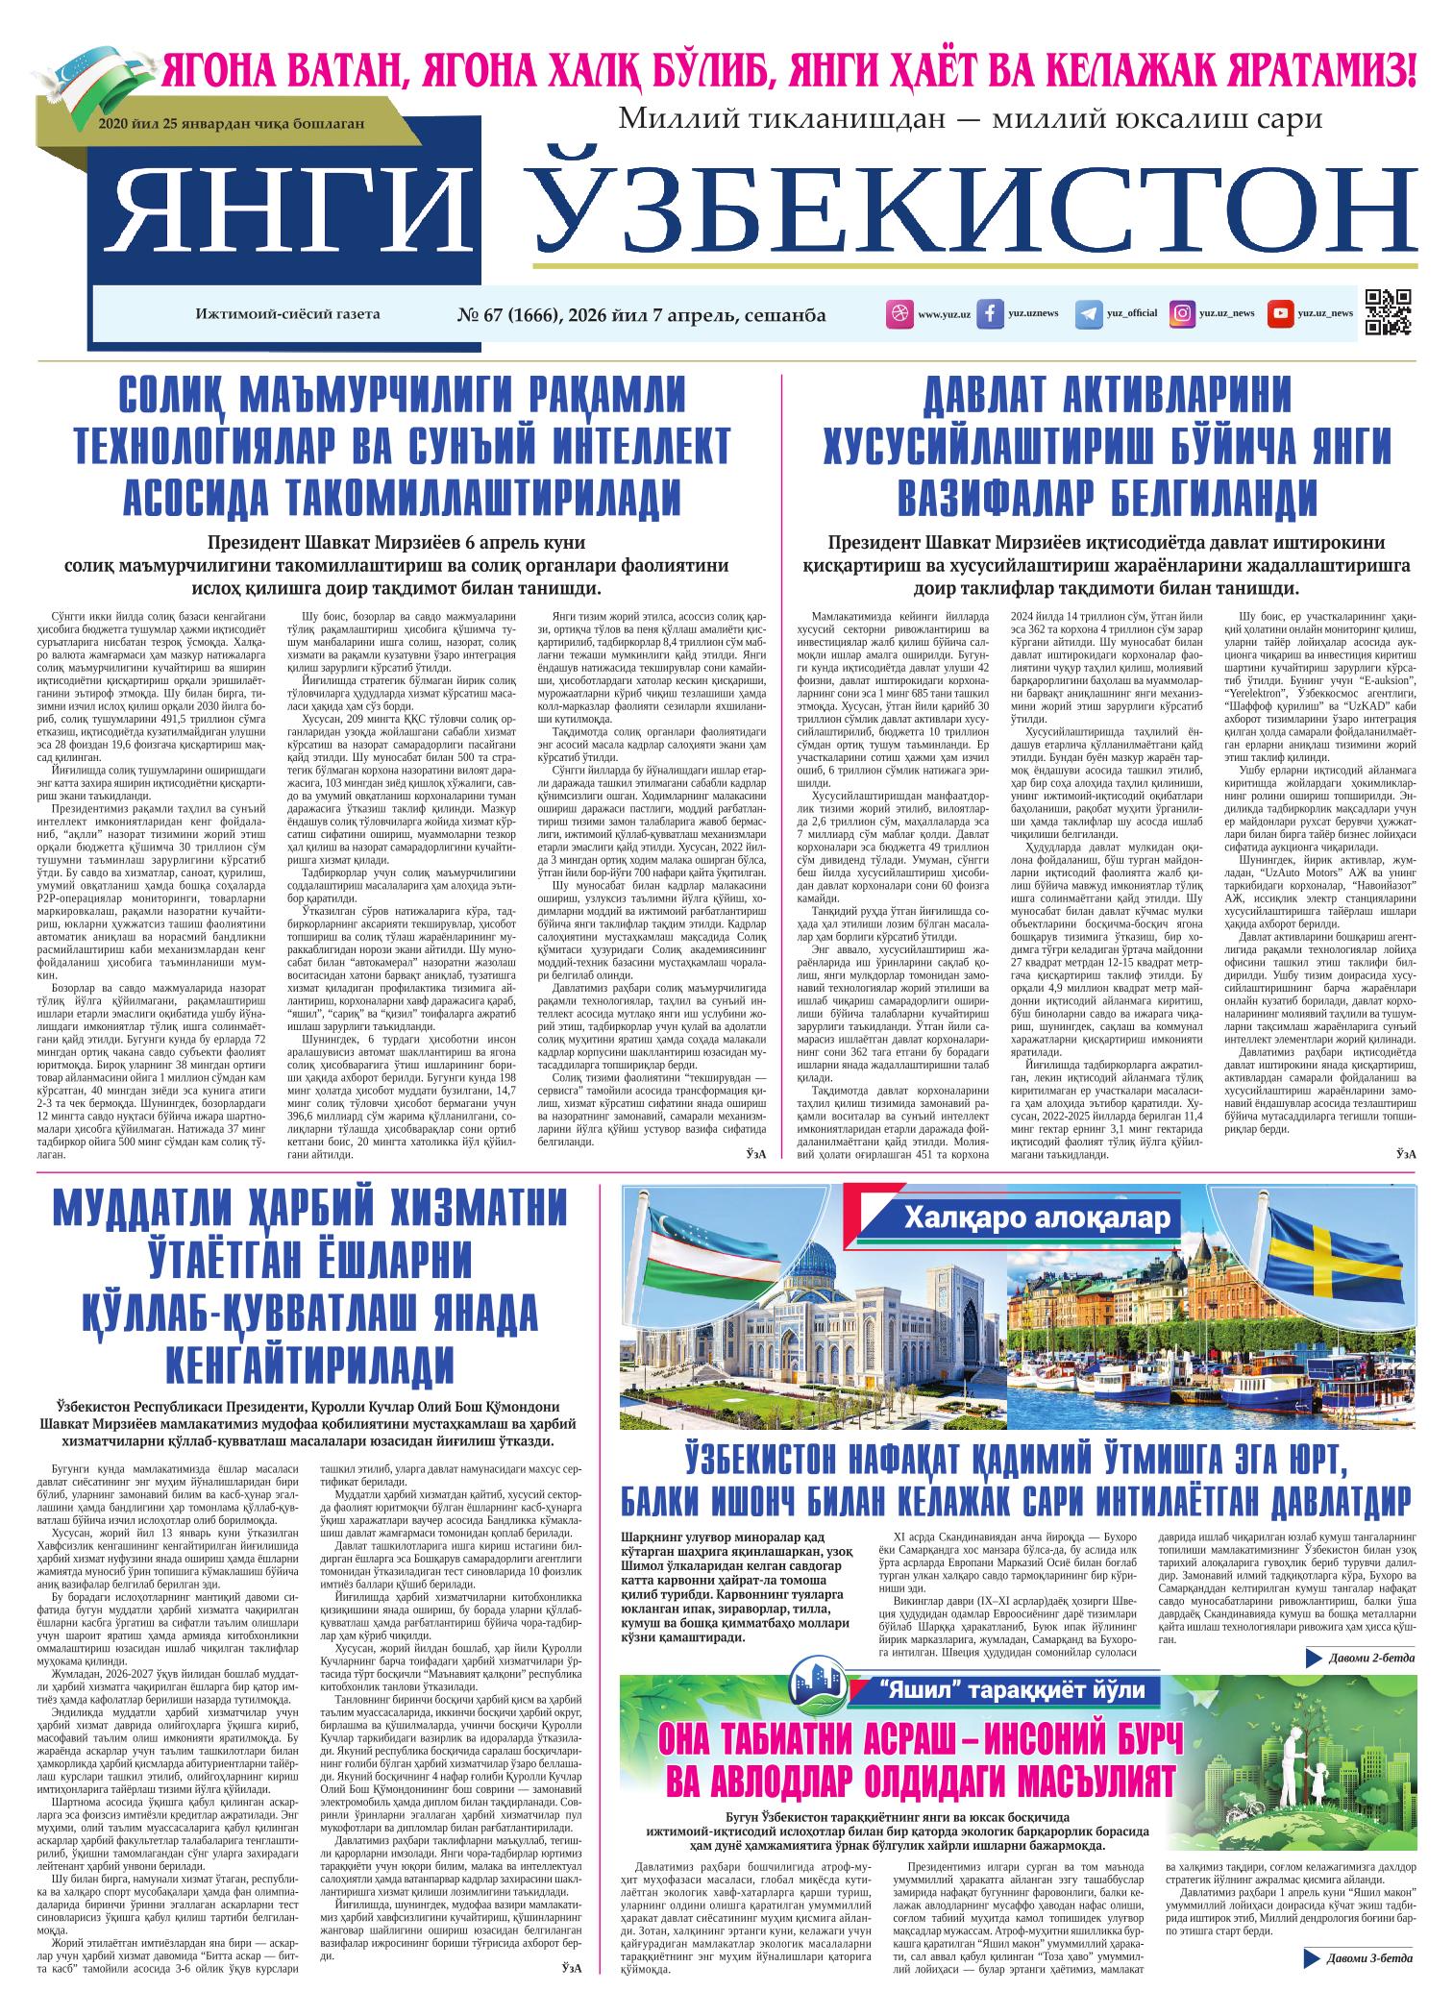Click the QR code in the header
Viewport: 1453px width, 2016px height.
pos(1387,312)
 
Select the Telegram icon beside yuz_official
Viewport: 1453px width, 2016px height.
pos(1088,314)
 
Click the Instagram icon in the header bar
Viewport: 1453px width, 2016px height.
pos(1183,314)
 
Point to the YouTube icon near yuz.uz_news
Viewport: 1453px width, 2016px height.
pos(1279,314)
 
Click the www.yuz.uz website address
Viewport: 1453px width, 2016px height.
pos(944,314)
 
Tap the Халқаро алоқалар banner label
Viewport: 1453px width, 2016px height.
pos(1038,1219)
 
